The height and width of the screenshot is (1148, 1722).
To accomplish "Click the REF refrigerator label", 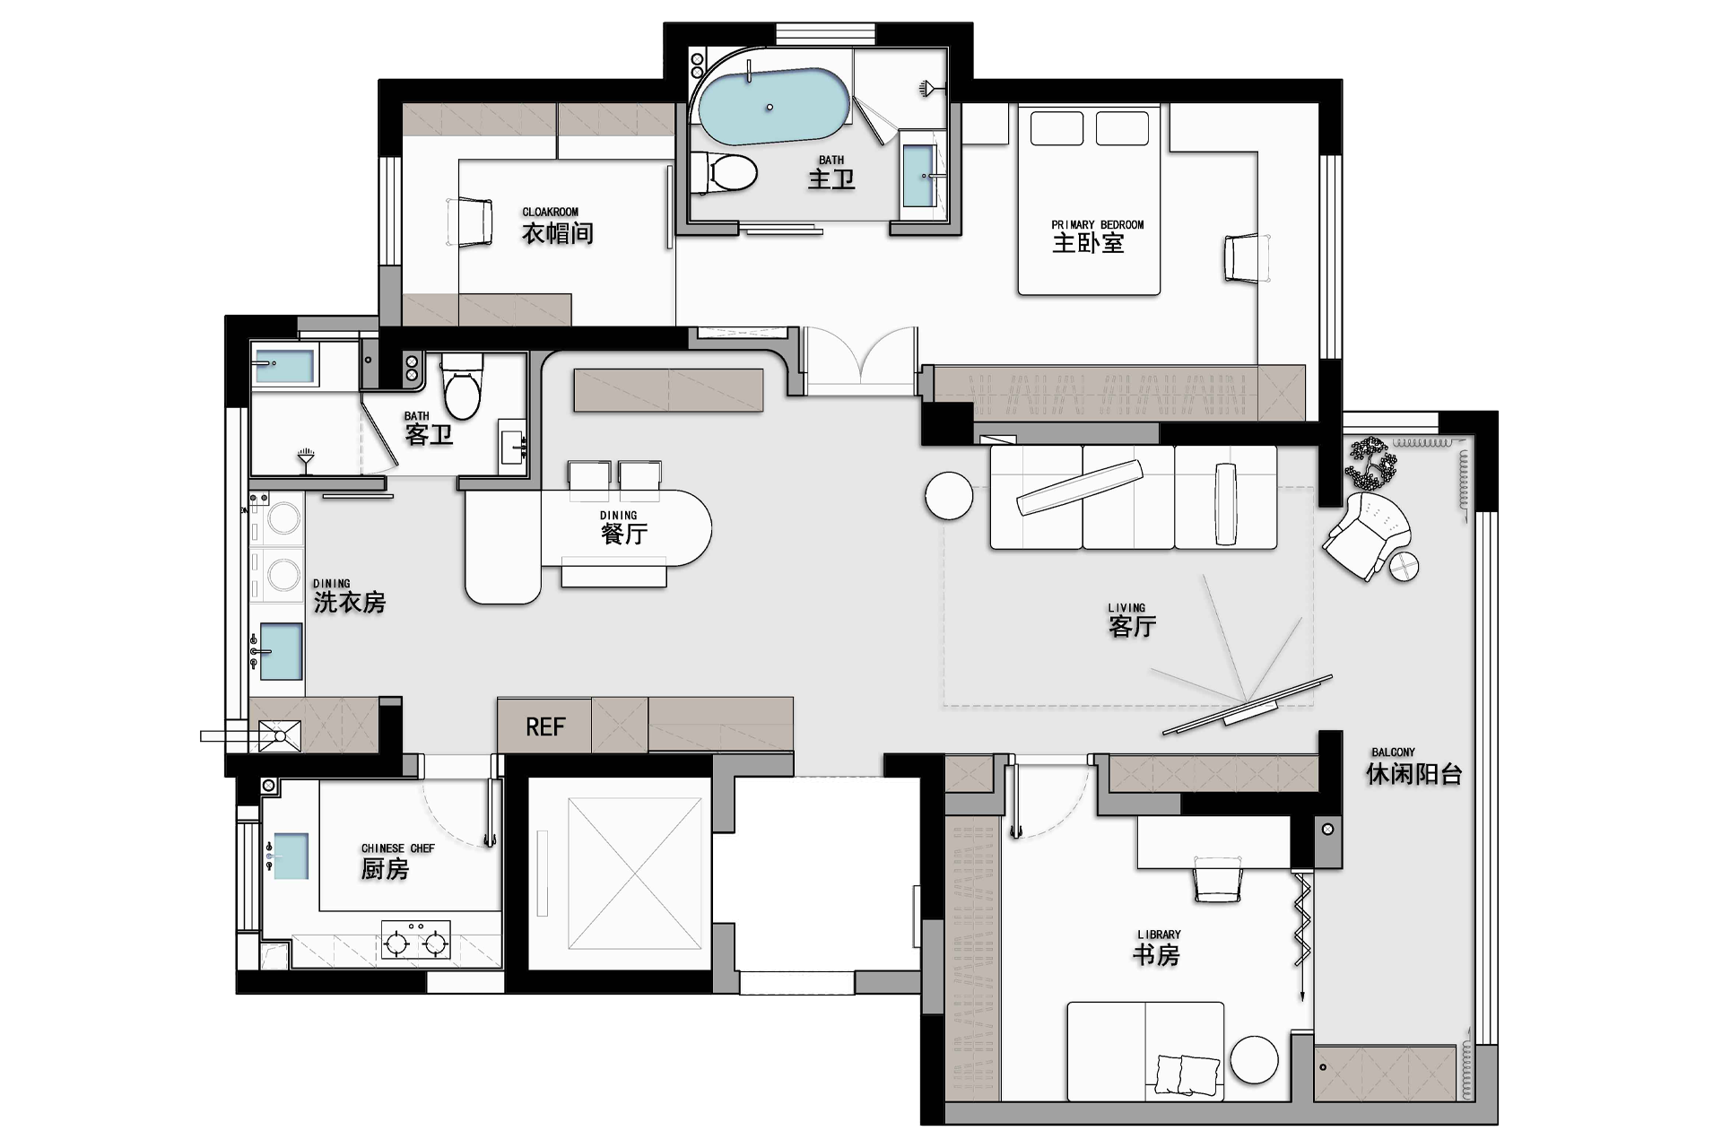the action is (x=545, y=726).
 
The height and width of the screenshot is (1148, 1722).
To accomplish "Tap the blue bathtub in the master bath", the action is (x=773, y=107).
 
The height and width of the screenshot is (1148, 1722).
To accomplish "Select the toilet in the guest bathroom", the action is (x=463, y=387).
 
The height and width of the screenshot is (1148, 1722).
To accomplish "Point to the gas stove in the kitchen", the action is (x=416, y=941).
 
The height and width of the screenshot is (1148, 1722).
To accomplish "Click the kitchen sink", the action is (x=291, y=856).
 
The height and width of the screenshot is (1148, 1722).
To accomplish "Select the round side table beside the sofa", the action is (x=948, y=495).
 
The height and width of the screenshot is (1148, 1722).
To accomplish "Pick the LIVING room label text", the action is (x=1126, y=607).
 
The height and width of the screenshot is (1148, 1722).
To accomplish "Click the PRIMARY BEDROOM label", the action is (x=1098, y=225).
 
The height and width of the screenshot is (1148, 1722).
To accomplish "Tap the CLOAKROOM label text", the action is (x=551, y=213).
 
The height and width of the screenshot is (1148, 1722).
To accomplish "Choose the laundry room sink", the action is (x=280, y=650).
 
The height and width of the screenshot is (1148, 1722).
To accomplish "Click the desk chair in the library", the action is (x=1218, y=878).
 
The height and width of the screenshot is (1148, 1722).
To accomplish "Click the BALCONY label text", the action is (x=1393, y=752).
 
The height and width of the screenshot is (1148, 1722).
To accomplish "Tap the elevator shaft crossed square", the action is (x=634, y=874).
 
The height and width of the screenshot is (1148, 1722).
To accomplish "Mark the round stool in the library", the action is (x=1253, y=1060).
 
